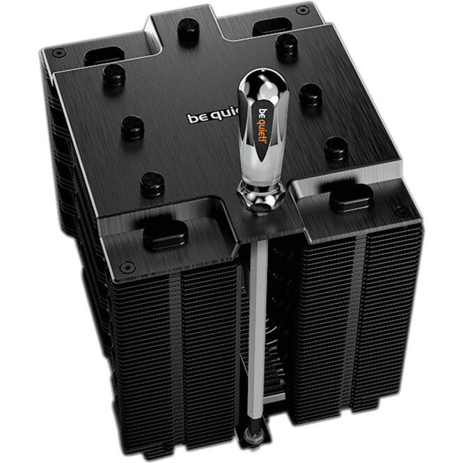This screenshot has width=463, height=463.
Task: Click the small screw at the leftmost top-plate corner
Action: click(58, 50)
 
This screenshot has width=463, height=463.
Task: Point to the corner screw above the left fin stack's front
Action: click(127, 267)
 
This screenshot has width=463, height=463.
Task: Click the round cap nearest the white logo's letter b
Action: click(132, 126)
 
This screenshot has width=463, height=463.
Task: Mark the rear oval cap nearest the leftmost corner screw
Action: click(103, 56)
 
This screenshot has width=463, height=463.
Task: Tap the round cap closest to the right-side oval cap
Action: click(337, 148)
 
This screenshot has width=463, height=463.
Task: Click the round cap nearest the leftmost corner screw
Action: click(111, 75)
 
